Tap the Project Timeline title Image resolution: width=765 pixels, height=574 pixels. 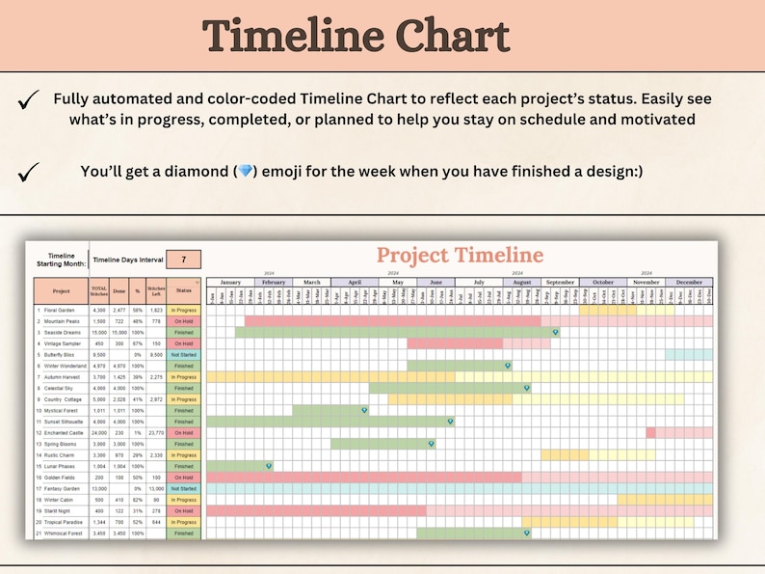460,255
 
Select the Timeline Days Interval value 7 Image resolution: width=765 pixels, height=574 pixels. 183,259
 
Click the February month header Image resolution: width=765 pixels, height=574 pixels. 274,282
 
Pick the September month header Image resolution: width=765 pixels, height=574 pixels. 560,282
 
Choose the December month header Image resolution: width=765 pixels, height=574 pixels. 689,282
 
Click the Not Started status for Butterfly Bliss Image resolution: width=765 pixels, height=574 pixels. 183,354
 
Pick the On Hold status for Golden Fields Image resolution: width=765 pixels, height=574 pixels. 183,477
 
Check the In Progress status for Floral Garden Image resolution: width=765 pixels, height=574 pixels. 183,310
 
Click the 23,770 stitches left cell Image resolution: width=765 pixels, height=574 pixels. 154,432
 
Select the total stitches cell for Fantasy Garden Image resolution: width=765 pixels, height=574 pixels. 98,488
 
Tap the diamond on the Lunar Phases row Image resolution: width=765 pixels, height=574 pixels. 269,466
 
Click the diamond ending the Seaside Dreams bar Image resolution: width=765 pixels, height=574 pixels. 556,332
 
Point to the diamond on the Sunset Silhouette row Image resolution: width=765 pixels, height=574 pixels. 451,422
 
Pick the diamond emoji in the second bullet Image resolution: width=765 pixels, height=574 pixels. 245,172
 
